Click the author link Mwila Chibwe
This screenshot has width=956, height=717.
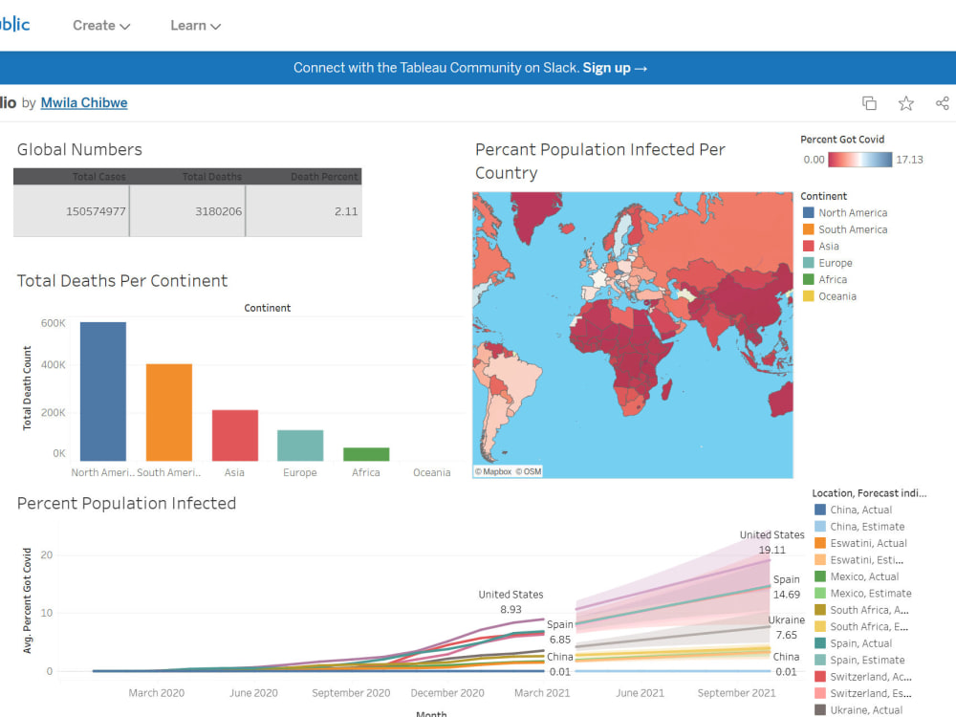point(84,103)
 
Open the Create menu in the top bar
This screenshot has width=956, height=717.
point(101,26)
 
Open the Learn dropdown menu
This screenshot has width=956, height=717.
point(195,26)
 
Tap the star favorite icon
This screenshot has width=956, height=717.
point(905,103)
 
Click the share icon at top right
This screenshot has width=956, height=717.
point(942,103)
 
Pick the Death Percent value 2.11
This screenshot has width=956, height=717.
point(346,211)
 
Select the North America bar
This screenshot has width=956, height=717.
point(102,392)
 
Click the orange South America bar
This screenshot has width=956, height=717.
point(169,413)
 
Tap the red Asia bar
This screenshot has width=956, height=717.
point(235,436)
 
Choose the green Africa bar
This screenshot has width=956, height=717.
point(366,455)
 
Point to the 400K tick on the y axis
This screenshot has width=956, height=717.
point(53,365)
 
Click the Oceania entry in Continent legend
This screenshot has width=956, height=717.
point(836,296)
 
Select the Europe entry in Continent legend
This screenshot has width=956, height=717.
point(835,263)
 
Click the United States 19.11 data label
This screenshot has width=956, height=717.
point(772,543)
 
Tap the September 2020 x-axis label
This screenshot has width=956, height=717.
point(352,693)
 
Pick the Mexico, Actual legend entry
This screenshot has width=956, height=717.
point(863,576)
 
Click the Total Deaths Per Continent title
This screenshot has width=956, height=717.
point(122,281)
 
